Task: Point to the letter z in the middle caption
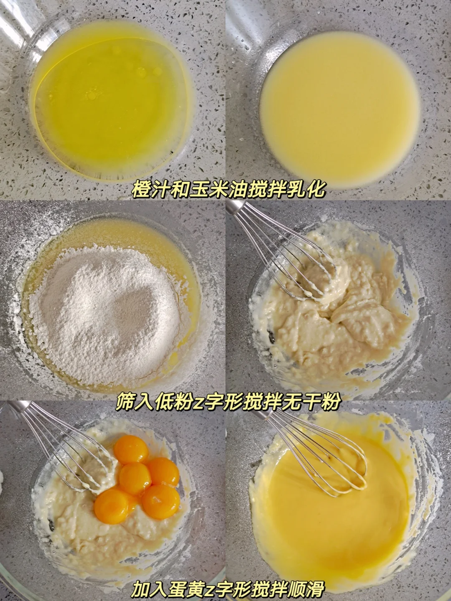(x=197, y=403)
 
